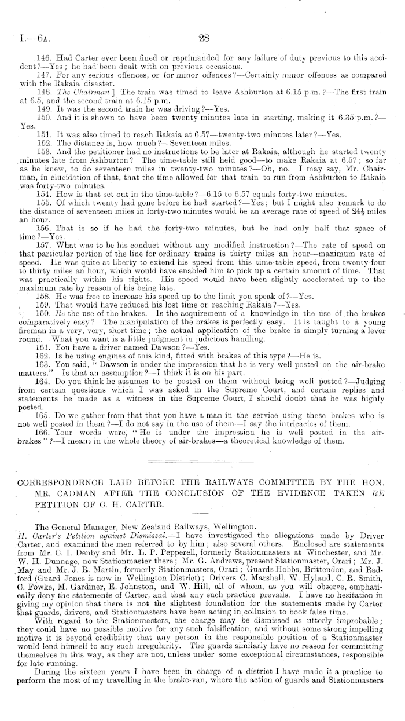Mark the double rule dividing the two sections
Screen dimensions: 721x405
pos(203,444)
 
